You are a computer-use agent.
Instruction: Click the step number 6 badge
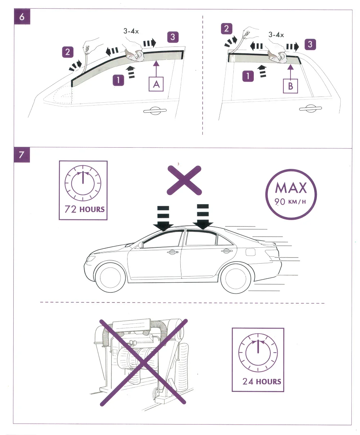click(x=22, y=17)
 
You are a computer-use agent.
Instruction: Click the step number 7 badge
click(x=22, y=155)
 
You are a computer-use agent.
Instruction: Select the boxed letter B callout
click(x=290, y=86)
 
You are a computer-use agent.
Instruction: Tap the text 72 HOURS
click(x=84, y=209)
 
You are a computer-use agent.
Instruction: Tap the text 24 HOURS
click(x=261, y=381)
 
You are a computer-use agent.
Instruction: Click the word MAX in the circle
click(x=291, y=188)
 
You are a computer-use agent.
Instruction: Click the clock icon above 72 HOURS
click(x=83, y=183)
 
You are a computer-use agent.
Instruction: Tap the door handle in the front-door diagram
click(x=155, y=111)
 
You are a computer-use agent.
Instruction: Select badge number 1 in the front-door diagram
click(x=118, y=80)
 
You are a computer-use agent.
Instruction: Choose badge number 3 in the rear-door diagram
click(x=310, y=44)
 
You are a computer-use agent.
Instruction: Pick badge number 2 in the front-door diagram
click(x=68, y=52)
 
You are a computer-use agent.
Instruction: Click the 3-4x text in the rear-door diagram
click(x=276, y=35)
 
